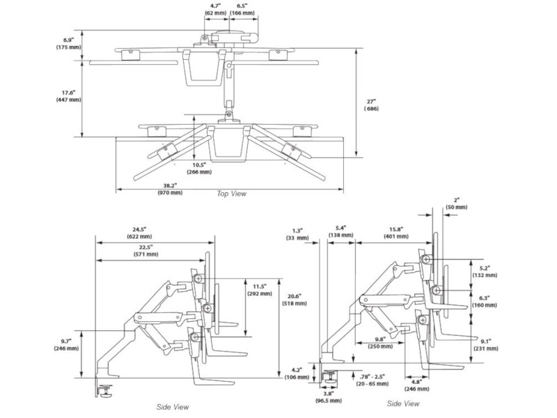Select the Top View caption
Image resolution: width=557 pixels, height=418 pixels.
(232, 194)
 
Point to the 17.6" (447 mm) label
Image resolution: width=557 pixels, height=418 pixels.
(68, 95)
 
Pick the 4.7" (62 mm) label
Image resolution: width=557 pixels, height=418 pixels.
(213, 9)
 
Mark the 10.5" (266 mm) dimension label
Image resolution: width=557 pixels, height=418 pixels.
(201, 167)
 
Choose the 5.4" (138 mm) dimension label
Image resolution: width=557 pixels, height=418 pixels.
(341, 233)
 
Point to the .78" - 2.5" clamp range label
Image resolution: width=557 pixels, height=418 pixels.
(375, 379)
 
